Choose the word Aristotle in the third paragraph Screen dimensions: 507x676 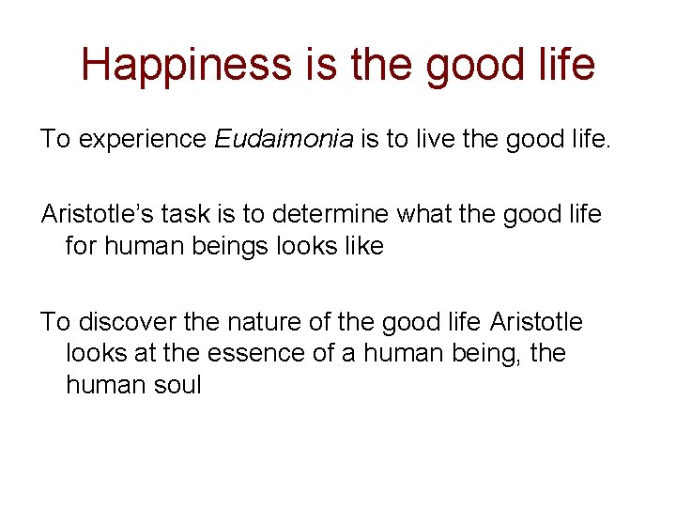[535, 323]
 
